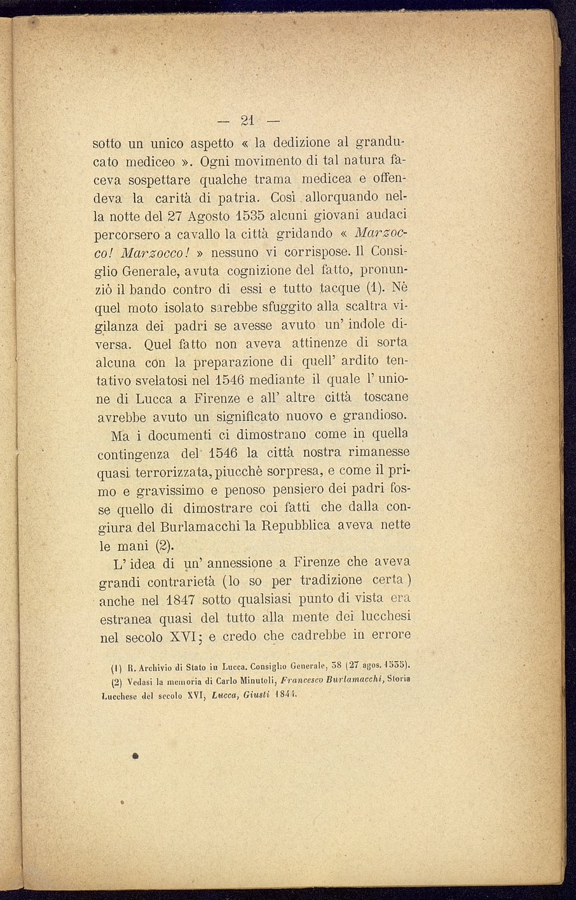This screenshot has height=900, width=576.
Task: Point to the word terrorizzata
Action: [x=169, y=473]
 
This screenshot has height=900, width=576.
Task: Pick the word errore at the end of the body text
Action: [x=390, y=635]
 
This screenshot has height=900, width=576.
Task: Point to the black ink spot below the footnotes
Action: [x=135, y=757]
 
